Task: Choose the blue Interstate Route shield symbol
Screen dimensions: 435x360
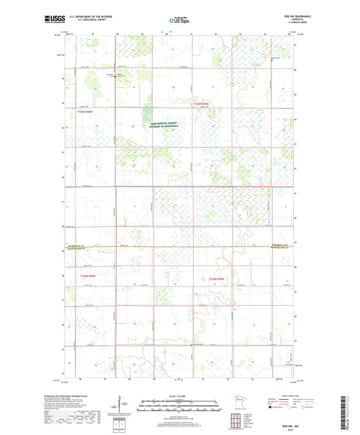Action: (274, 408)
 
